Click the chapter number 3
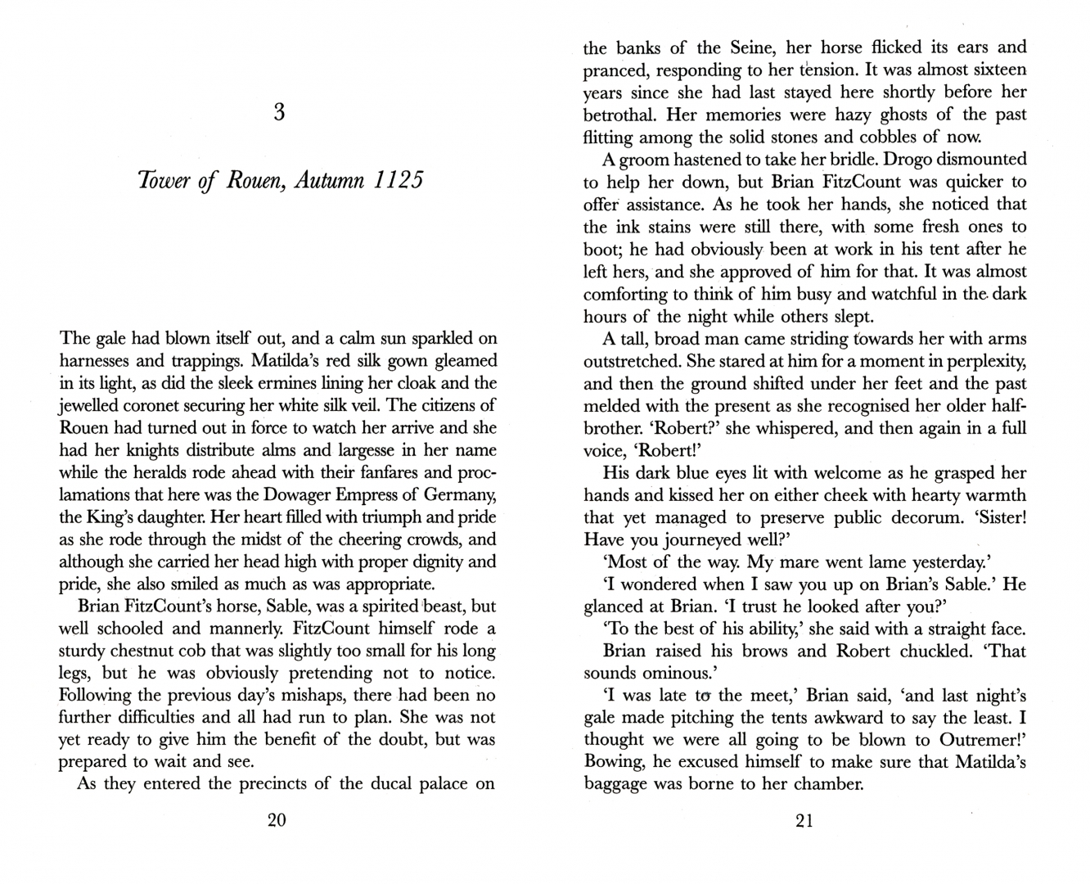[x=279, y=111]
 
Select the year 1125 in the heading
[x=399, y=180]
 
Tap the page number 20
[x=277, y=821]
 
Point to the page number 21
[x=804, y=821]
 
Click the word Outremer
[x=971, y=740]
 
